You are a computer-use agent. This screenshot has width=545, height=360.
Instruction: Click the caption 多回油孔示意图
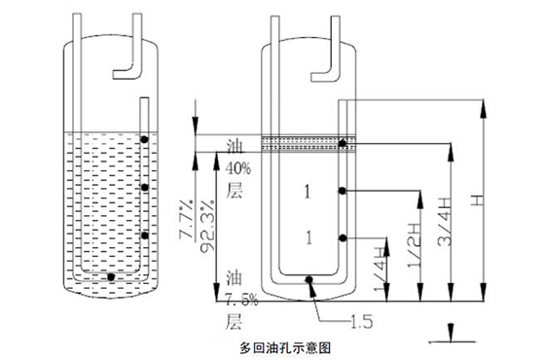point(285,348)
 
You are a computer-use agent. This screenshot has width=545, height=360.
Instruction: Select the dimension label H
point(478,200)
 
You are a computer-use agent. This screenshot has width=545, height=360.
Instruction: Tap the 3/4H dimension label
point(445,222)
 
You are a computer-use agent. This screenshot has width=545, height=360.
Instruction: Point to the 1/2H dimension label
point(414,244)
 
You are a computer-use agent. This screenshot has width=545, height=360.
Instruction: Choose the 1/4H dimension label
point(381,270)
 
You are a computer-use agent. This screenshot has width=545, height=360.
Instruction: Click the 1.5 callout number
point(361,321)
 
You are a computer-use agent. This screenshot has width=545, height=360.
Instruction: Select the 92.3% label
point(207,226)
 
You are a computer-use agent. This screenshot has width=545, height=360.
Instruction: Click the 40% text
point(238,169)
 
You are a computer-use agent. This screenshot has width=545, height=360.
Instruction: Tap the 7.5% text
point(241,300)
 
